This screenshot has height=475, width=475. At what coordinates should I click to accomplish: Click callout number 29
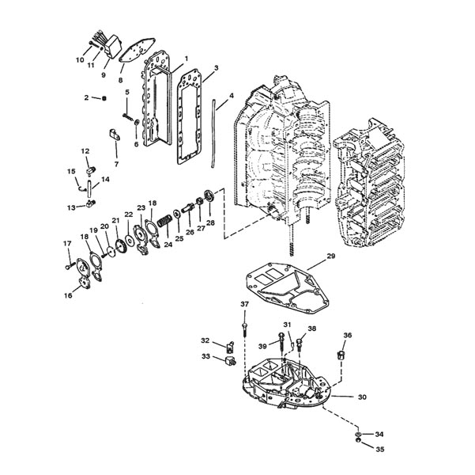[331, 256]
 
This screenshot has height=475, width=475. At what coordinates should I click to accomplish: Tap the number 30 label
[362, 397]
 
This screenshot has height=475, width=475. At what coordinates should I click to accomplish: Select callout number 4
[232, 96]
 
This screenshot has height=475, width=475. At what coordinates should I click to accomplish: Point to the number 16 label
[69, 295]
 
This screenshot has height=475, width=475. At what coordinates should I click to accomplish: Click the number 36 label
[348, 335]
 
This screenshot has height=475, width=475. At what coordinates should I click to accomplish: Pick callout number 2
[87, 97]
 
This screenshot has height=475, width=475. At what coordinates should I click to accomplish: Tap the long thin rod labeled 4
[213, 133]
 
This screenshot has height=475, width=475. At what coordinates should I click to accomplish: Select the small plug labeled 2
[104, 98]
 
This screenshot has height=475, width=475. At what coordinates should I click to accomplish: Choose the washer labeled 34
[359, 434]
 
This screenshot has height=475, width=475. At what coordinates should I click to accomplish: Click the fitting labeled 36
[341, 355]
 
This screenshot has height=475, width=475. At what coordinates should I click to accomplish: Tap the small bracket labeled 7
[114, 135]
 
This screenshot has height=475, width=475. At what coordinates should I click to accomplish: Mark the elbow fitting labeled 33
[231, 361]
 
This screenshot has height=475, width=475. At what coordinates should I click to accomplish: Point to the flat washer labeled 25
[176, 213]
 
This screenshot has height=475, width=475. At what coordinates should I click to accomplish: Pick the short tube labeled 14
[89, 188]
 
